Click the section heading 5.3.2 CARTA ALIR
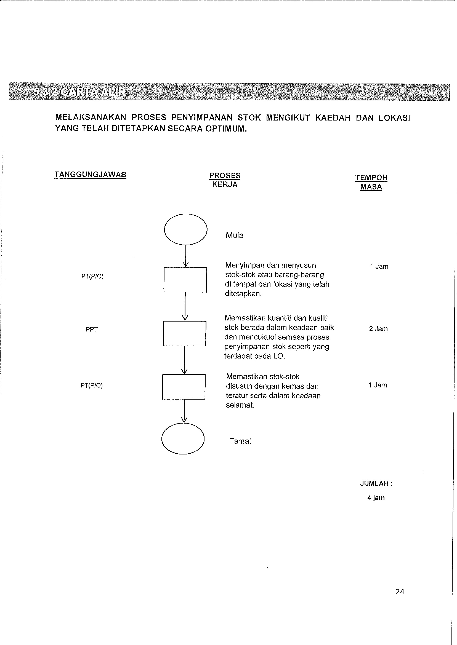pos(79,92)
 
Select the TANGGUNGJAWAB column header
pos(90,175)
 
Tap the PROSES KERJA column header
pos(225,180)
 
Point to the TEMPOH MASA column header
pos(371,182)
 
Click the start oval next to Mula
pos(186,229)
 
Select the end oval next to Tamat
pos(183,439)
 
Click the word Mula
pos(234,235)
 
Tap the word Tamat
pos(240,441)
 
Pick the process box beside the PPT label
pos(185,333)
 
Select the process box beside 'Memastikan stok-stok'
pos(184,387)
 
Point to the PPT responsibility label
pos(92,329)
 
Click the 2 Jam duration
pos(378,329)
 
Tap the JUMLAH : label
pos(376,483)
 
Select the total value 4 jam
pos(376,497)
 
